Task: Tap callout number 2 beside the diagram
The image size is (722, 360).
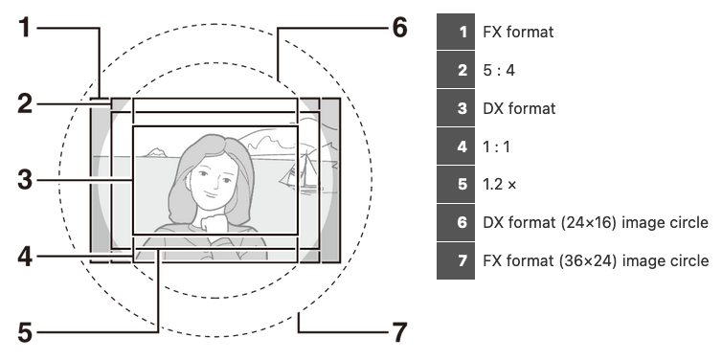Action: pos(25,104)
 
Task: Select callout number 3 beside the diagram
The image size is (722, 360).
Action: pos(25,180)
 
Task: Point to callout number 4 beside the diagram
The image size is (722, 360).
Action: pos(25,257)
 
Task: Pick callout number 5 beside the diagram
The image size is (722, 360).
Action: pos(25,333)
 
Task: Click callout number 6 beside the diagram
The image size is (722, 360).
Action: pos(399,28)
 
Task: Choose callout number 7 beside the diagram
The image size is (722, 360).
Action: pos(399,332)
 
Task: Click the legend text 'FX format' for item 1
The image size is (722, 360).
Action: pos(518,32)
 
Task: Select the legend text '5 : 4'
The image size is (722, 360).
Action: pos(499,70)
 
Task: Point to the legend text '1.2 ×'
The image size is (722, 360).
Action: pos(500,185)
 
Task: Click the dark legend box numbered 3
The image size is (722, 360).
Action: pos(456,108)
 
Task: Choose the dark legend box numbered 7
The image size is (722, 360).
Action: pos(456,261)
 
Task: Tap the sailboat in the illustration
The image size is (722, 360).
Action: pos(301,171)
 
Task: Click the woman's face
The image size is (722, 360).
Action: pos(212,180)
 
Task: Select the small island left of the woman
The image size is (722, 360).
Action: pos(155,152)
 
